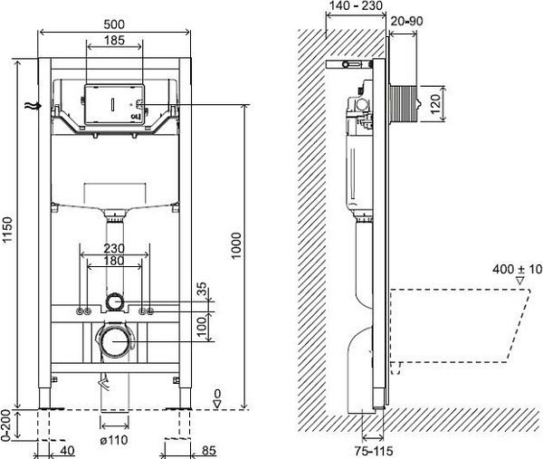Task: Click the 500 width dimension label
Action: (x=114, y=24)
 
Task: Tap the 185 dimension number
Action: (x=114, y=40)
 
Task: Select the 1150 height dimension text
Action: (x=7, y=230)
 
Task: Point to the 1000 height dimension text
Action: (x=236, y=245)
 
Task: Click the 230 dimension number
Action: (x=114, y=248)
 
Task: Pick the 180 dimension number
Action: (x=114, y=261)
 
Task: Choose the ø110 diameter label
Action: (x=114, y=440)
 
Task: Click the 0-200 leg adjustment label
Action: (x=5, y=426)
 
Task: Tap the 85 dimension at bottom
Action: (x=208, y=451)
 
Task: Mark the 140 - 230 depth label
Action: (x=356, y=5)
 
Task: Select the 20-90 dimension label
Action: (x=407, y=21)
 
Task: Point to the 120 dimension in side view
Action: (x=435, y=103)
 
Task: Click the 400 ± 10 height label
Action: (x=518, y=269)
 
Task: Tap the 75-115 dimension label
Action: (x=374, y=451)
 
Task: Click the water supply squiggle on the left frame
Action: (x=33, y=106)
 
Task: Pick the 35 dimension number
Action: (x=202, y=290)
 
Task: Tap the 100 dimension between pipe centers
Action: (x=202, y=326)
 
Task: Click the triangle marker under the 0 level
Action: (x=217, y=404)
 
